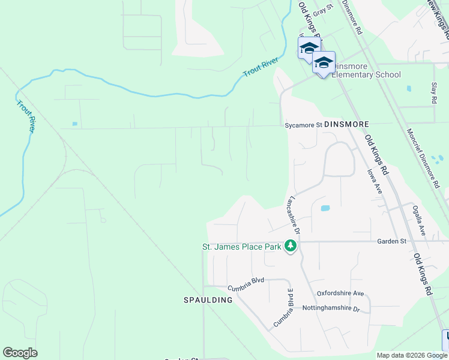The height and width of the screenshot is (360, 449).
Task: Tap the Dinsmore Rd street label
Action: [352, 16]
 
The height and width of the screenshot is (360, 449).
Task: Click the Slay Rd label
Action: [434, 94]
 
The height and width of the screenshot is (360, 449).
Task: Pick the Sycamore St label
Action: [303, 125]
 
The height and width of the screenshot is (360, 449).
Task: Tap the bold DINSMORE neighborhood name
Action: [346, 124]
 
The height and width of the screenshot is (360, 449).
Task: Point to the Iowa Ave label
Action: [375, 179]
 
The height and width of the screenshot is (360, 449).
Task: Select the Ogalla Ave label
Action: [418, 220]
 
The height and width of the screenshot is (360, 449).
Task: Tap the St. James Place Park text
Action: [243, 247]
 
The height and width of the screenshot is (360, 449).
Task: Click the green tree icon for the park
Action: [291, 246]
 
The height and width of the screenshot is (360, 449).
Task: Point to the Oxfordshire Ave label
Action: [341, 293]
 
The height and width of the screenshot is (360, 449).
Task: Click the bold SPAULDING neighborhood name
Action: [208, 299]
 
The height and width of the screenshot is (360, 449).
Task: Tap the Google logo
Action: [20, 353]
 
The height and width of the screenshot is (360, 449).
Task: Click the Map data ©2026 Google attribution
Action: [412, 355]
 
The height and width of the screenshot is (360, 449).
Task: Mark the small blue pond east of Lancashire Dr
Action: [325, 208]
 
